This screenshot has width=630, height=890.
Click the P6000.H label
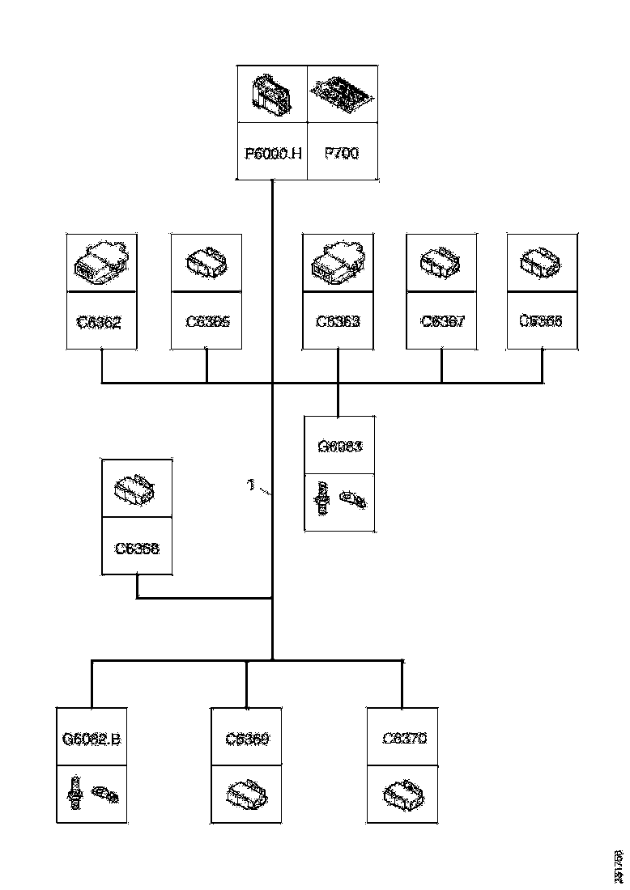[x=273, y=153]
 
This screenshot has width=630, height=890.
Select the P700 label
[x=341, y=153]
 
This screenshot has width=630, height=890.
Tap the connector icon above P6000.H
[x=272, y=94]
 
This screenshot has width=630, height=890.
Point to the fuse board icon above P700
[x=343, y=94]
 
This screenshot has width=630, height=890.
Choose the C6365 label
[x=207, y=321]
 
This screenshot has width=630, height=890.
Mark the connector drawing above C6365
[x=207, y=262]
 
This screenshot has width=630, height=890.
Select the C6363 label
[x=338, y=321]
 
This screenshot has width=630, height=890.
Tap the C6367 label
[x=442, y=321]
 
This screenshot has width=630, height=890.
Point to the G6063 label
[x=339, y=446]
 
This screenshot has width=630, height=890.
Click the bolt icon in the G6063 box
[x=322, y=498]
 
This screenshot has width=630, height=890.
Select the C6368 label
[x=137, y=548]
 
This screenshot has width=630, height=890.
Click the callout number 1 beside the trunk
[x=251, y=485]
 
